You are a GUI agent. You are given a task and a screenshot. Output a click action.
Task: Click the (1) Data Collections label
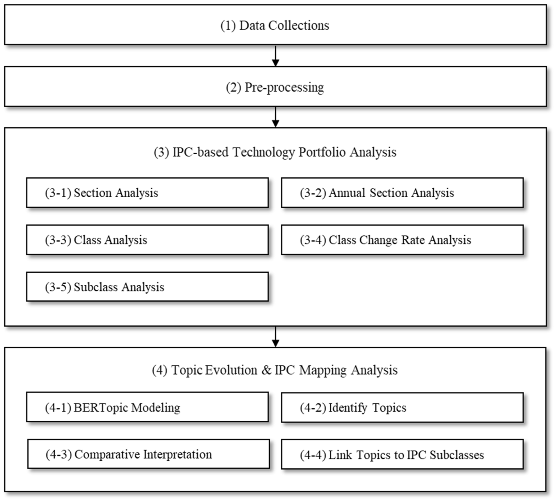point(275,26)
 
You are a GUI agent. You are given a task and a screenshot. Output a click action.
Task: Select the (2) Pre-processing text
point(275,88)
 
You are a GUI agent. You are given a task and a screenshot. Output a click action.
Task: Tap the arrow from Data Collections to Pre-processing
point(276,56)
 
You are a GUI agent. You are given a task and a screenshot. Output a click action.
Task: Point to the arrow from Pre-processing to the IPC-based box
point(276,117)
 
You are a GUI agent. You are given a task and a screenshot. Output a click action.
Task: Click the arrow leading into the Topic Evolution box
point(276,337)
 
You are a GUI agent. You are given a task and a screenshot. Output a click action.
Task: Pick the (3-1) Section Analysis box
point(147,193)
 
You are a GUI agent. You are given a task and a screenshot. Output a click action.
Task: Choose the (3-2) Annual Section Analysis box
point(402,193)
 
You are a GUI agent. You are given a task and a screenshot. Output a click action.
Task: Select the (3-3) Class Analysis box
point(147,240)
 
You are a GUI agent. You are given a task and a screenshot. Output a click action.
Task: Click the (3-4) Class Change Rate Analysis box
point(402,240)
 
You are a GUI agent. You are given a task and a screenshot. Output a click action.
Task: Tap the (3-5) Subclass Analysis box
point(147,287)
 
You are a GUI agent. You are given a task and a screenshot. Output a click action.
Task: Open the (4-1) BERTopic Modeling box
point(147,407)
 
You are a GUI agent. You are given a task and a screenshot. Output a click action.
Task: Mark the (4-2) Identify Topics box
point(402,408)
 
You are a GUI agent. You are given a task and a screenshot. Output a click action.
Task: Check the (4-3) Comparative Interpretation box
point(148,454)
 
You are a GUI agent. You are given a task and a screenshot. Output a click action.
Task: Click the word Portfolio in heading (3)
point(322,152)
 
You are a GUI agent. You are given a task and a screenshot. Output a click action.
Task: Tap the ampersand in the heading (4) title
point(266,370)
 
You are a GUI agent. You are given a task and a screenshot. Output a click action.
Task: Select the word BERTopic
point(101,408)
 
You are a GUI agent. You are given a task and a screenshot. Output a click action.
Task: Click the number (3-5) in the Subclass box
point(58,287)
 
